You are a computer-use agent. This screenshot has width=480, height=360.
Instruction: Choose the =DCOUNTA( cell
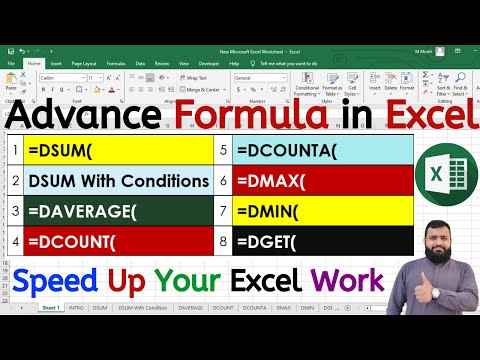[321, 153]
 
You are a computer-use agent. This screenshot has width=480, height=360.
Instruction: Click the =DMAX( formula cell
[321, 182]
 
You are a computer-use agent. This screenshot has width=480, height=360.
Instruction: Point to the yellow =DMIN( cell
[321, 211]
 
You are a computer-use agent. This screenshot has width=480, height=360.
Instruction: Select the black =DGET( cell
[321, 240]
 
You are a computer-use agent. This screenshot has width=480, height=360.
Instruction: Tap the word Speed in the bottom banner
[56, 279]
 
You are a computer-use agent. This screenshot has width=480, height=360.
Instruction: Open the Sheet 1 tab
[50, 308]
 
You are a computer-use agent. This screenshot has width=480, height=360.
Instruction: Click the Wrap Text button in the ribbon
[193, 76]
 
